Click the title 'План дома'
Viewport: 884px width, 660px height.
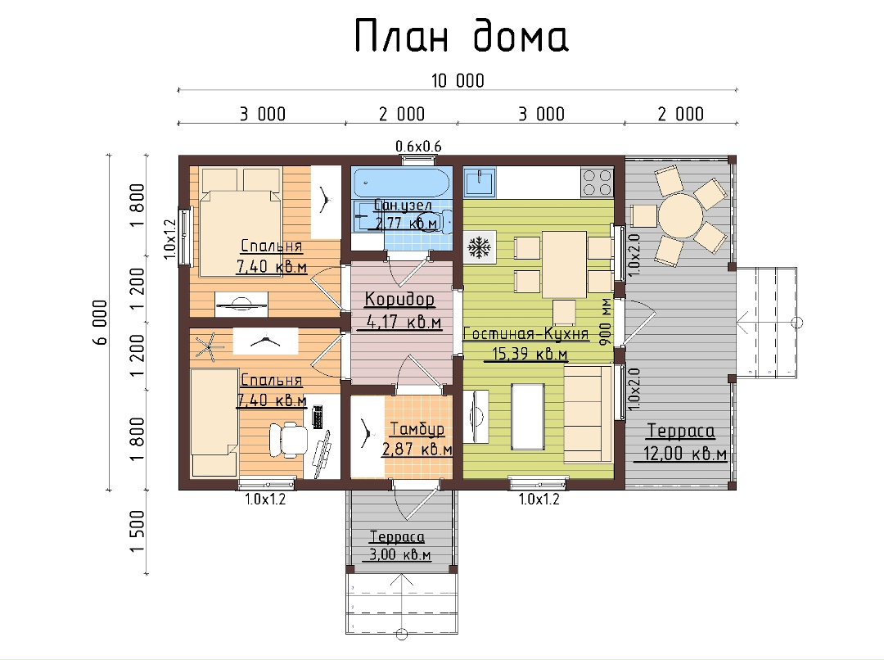tap(461, 35)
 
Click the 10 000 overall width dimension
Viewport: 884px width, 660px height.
tap(458, 81)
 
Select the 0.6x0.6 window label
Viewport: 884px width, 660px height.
tap(418, 147)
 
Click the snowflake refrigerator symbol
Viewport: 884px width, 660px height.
tap(480, 247)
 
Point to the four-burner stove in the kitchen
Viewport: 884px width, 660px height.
tap(597, 182)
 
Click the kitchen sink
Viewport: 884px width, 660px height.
tap(480, 182)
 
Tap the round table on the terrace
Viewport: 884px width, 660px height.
tap(680, 215)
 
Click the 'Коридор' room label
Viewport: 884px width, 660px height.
tap(399, 298)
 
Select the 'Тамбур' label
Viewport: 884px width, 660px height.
tap(417, 429)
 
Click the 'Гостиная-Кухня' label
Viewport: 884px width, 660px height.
tap(525, 334)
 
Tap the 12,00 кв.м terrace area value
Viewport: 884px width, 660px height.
tap(684, 454)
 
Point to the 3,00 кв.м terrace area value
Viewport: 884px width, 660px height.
tap(399, 554)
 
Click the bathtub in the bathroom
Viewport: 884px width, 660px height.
tap(401, 183)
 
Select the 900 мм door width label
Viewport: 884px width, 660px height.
tap(605, 322)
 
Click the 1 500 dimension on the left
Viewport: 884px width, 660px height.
tap(138, 531)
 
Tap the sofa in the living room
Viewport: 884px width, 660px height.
tap(589, 414)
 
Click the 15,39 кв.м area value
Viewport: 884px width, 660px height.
tap(530, 355)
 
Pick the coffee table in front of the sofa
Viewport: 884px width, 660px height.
tap(528, 417)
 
